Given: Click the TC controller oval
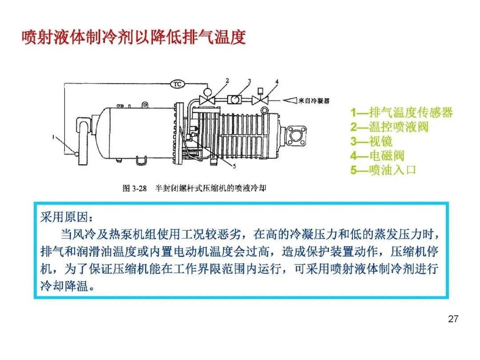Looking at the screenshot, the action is (x=177, y=84).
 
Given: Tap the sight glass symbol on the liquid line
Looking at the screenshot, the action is (x=235, y=100).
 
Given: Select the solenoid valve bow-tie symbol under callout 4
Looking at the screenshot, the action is (x=260, y=100).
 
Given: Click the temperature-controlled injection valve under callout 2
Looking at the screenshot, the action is (x=207, y=99).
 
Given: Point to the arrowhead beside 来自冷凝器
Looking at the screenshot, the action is (x=290, y=100).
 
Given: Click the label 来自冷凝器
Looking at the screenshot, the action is (x=314, y=100).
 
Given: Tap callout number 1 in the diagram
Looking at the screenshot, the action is (x=54, y=137).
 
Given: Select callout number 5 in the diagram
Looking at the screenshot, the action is (x=234, y=166).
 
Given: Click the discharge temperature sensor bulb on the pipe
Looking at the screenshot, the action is (x=76, y=154).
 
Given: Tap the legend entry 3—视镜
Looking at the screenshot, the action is (x=371, y=141).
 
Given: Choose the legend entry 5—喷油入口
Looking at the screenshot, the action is (x=383, y=170).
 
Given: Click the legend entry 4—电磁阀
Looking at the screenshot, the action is (x=377, y=156).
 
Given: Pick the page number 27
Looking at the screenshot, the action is (x=453, y=319).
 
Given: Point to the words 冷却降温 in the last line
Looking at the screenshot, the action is (x=64, y=286).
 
